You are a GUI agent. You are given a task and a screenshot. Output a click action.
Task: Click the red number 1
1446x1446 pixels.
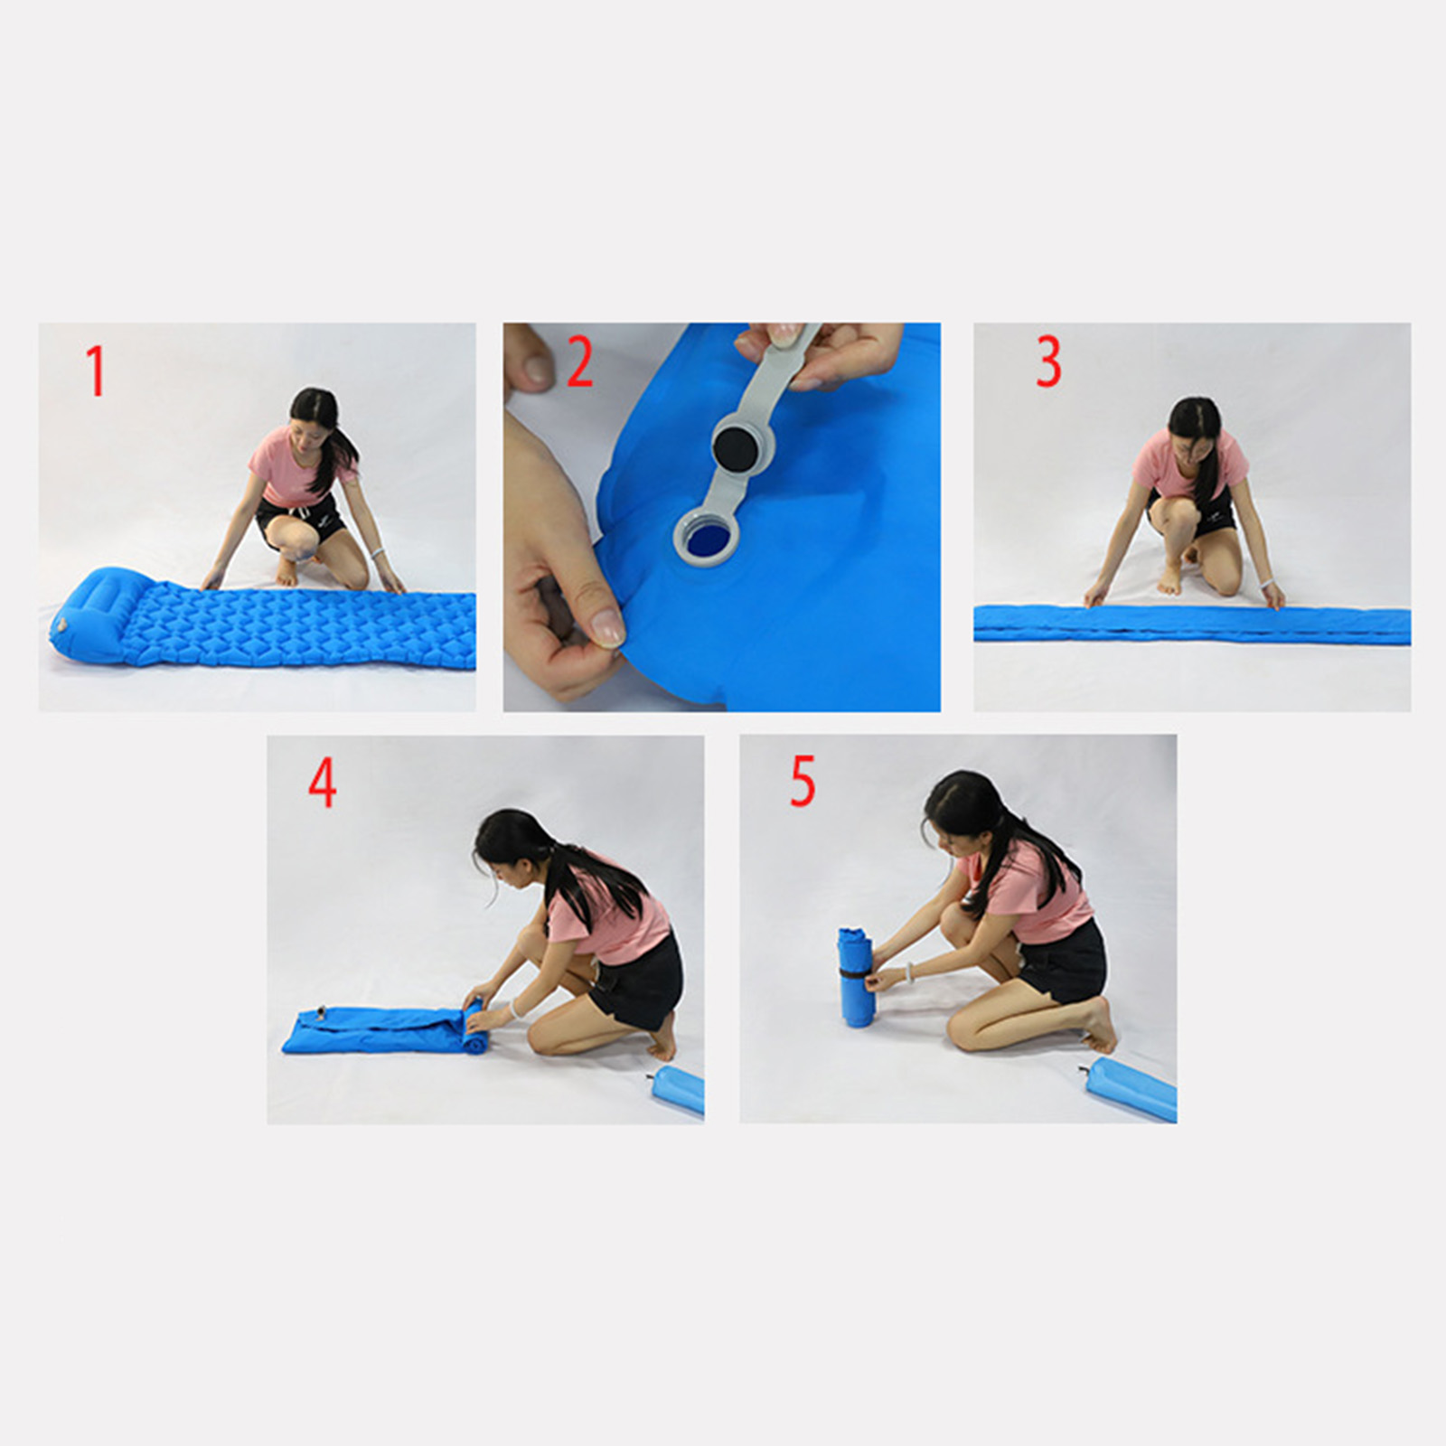tap(96, 371)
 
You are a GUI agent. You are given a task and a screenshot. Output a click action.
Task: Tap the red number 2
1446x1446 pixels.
tap(579, 362)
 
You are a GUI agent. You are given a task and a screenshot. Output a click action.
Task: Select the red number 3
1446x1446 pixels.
tap(1048, 361)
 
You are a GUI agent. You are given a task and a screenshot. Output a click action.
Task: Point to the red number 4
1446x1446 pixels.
tap(323, 782)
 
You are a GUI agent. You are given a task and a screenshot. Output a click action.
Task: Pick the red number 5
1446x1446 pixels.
tap(803, 781)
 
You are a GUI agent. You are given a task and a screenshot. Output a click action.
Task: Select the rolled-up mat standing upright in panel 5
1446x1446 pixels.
tap(855, 976)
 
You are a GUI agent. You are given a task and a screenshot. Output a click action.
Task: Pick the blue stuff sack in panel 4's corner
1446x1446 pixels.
tap(680, 1091)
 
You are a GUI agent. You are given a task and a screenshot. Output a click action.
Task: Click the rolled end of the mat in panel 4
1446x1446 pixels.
tap(474, 1026)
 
